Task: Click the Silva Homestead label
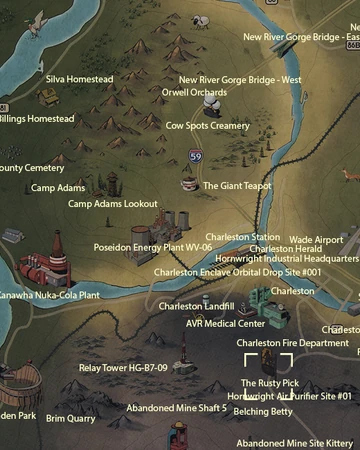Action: [80, 79]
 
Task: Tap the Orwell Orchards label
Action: [194, 92]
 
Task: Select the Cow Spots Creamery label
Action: [207, 126]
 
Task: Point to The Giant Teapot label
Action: [236, 186]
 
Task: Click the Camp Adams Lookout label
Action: [112, 204]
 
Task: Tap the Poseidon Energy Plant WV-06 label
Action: [153, 246]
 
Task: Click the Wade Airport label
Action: [315, 240]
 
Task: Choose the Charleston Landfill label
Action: [196, 306]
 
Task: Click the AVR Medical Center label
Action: [225, 324]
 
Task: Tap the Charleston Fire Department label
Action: [292, 343]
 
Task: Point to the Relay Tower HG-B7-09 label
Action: [123, 368]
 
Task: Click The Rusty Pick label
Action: [269, 383]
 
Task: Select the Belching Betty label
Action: [263, 411]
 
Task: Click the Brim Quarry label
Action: [71, 418]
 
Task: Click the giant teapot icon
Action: [188, 185]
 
